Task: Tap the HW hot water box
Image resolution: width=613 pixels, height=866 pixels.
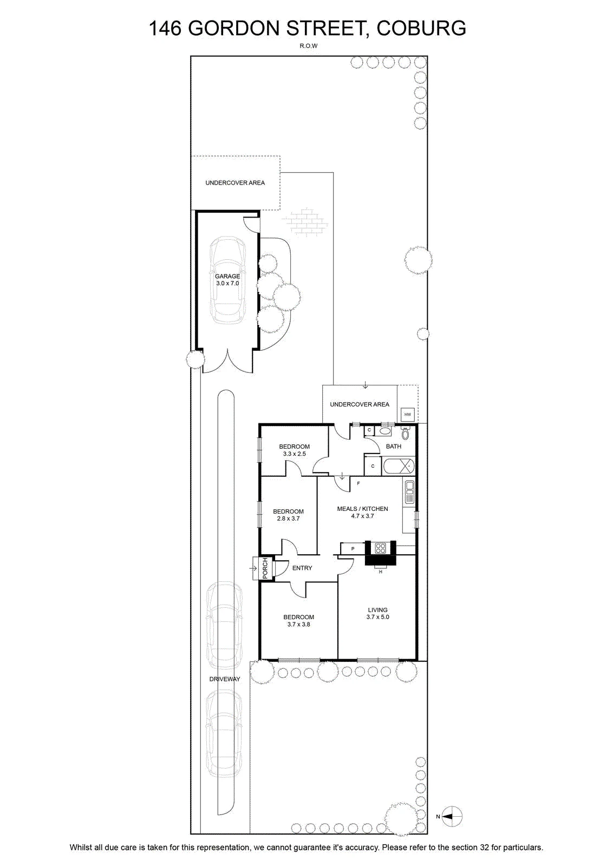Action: [407, 415]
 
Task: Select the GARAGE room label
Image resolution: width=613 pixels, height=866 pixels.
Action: [227, 276]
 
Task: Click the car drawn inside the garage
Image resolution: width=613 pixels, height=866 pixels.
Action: [227, 280]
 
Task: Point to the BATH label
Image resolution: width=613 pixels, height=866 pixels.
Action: [394, 447]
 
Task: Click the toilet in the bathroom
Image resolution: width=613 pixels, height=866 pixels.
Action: [405, 434]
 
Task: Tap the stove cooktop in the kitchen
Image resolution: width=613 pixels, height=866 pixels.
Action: [381, 548]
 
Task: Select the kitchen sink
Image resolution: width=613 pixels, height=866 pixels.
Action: [409, 492]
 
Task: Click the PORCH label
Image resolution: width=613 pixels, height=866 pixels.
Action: [265, 568]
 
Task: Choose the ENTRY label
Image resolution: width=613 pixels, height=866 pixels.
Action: [302, 568]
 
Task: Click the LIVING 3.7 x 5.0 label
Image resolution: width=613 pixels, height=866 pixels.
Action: [378, 614]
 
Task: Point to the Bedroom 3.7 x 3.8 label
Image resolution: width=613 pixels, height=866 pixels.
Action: [298, 621]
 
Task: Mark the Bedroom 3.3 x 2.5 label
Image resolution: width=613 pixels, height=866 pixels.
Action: [295, 450]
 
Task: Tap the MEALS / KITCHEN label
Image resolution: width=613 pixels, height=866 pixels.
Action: [362, 512]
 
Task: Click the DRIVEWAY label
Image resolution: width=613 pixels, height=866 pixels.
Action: [225, 679]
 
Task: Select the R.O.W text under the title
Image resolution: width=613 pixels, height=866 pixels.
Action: [309, 45]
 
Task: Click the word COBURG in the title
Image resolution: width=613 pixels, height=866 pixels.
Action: [421, 28]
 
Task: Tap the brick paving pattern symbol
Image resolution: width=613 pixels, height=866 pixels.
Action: [304, 221]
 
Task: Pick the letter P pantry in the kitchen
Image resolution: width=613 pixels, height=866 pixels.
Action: [353, 549]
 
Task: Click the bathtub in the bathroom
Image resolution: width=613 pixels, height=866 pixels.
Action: [399, 466]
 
